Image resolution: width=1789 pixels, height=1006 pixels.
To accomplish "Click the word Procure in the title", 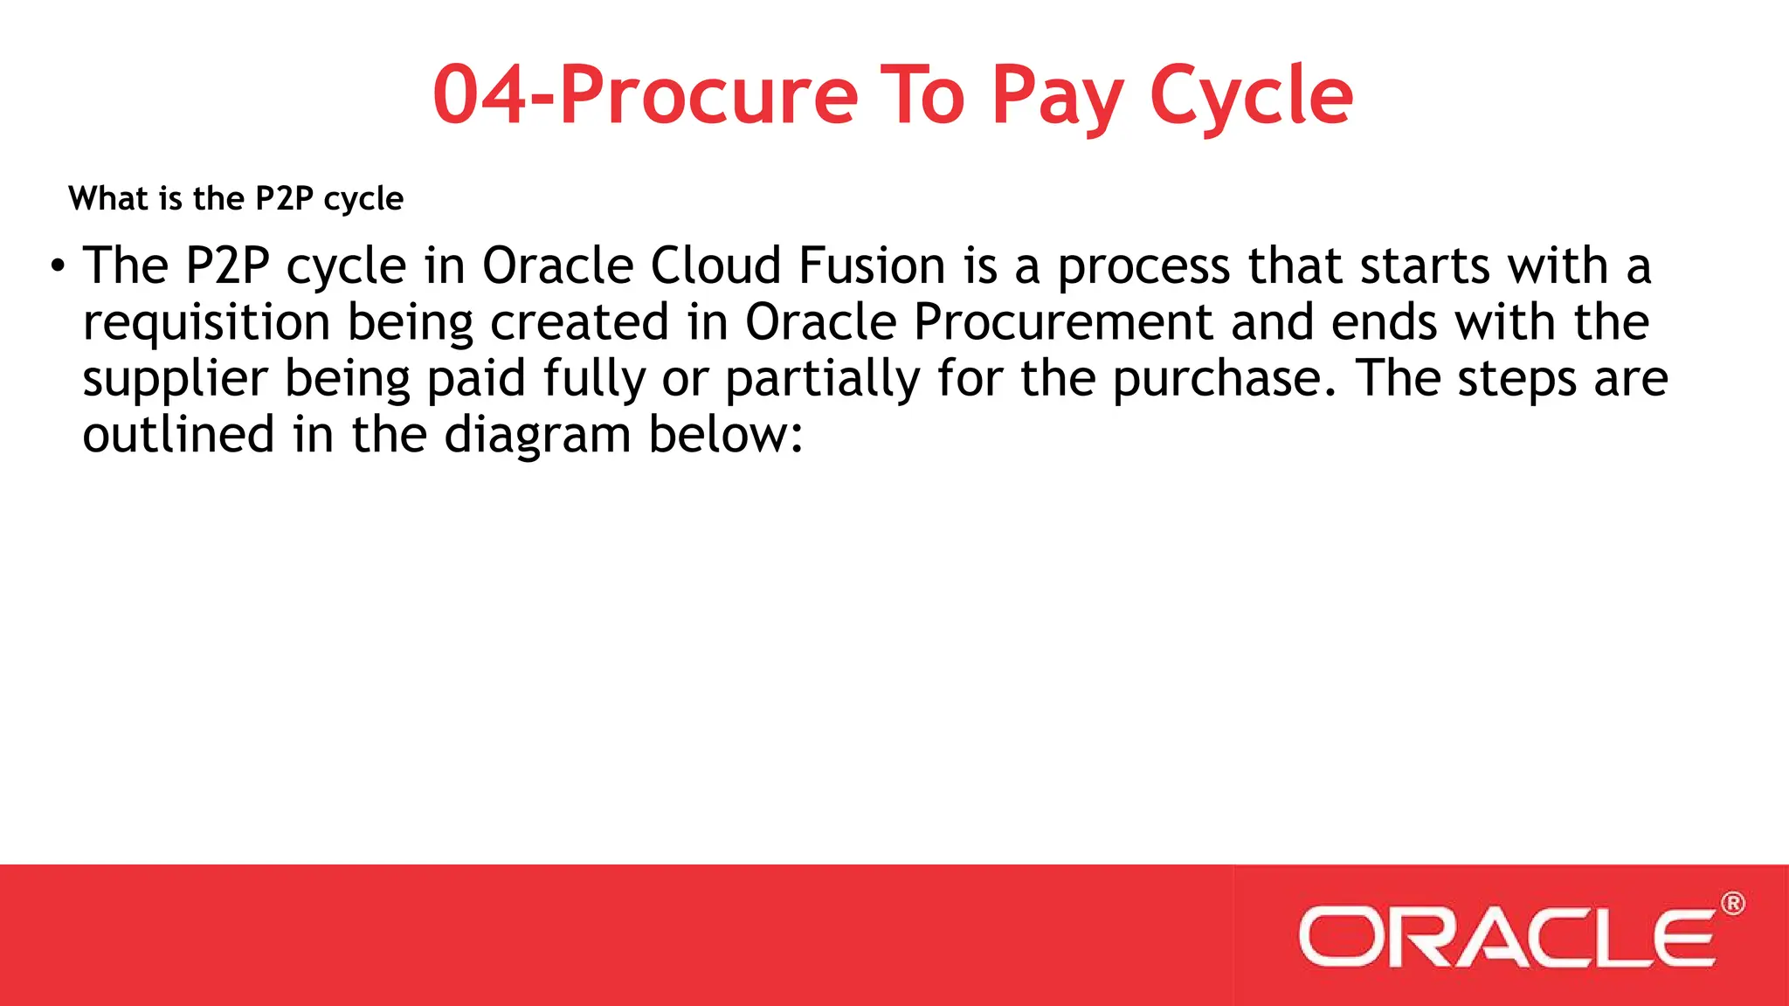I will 708,96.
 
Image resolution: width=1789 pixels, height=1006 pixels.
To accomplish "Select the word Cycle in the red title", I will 1251,96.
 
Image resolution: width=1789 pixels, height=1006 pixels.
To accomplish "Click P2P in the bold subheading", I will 284,199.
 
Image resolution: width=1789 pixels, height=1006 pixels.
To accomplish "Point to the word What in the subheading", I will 108,199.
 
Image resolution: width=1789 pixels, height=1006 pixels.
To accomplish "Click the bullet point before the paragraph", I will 58,265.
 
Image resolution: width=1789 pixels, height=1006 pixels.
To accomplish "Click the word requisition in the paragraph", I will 206,323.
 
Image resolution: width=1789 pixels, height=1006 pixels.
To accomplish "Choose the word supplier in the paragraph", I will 175,380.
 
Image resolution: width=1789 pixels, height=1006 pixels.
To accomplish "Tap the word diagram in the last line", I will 537,436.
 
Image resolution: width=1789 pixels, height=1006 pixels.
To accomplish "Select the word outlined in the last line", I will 178,435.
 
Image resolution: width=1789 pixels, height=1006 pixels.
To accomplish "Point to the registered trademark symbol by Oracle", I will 1733,904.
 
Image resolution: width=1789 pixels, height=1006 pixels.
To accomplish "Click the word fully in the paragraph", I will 593,380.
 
